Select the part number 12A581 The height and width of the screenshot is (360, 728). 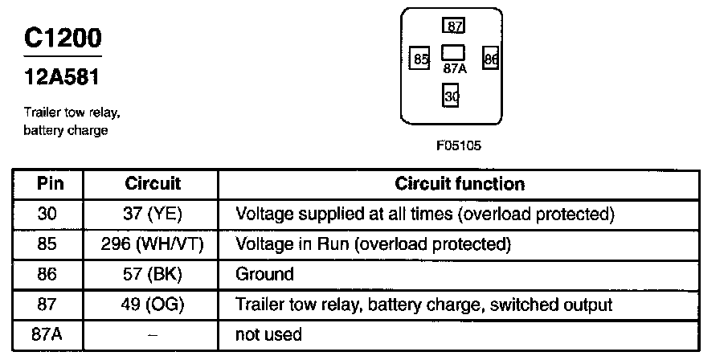(62, 79)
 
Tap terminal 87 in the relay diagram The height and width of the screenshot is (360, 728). (454, 26)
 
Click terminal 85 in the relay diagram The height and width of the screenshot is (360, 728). (419, 59)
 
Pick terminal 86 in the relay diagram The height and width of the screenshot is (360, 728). (490, 59)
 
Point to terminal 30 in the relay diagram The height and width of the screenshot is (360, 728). (452, 96)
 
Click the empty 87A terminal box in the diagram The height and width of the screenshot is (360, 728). (454, 53)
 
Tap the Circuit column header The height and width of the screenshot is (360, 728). (153, 184)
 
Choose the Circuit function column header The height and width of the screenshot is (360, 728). (460, 184)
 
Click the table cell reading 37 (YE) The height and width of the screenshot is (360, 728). (153, 215)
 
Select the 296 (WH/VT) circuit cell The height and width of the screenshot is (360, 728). (153, 244)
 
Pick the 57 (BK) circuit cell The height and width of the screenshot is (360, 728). (153, 274)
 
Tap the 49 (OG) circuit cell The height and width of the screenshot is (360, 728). (153, 305)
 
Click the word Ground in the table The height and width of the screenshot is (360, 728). (264, 274)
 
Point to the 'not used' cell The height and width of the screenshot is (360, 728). (268, 334)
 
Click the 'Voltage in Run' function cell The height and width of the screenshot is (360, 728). (373, 244)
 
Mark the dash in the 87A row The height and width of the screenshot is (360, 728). (153, 334)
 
